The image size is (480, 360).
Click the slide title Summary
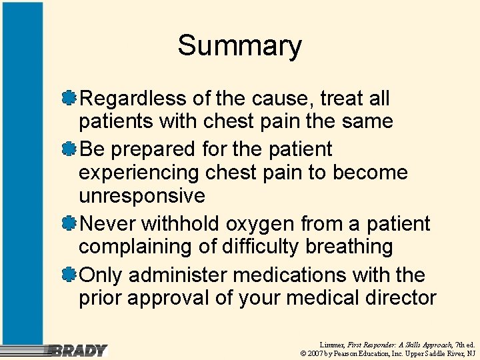pos(239,46)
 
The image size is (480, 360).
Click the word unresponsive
pos(141,196)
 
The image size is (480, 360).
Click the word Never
pos(107,223)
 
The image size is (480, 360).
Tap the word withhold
pos(177,223)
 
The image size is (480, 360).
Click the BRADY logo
pos(79,350)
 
